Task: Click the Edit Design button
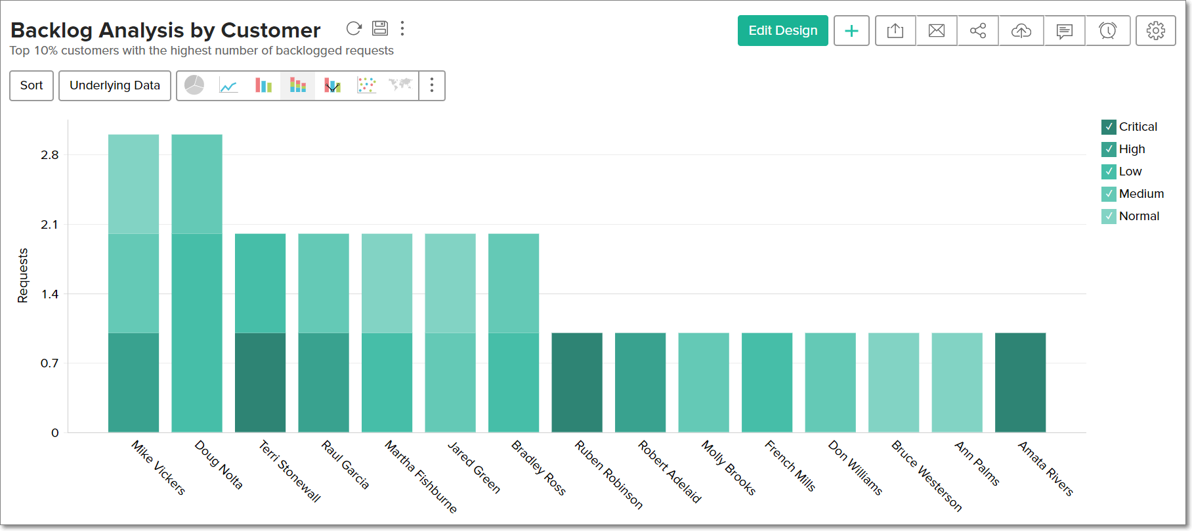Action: tap(782, 31)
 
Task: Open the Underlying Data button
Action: tap(115, 85)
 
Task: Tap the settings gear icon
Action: tap(1155, 31)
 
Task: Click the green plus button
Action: tap(851, 31)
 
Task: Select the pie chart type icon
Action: tap(194, 85)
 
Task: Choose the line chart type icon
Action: tap(228, 85)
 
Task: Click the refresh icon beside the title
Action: tap(354, 28)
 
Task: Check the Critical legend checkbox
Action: tap(1109, 127)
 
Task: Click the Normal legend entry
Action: tap(1139, 216)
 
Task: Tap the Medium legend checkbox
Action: tap(1109, 194)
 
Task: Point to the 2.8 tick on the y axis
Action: tap(50, 155)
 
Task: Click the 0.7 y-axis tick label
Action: tap(50, 363)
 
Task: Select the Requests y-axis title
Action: tap(23, 275)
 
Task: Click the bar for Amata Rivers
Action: tap(1020, 382)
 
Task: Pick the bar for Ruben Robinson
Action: tap(577, 382)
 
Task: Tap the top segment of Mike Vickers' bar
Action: tap(133, 184)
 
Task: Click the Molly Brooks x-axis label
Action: tap(729, 467)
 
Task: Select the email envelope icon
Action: tap(937, 31)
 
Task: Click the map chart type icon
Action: tap(400, 85)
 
